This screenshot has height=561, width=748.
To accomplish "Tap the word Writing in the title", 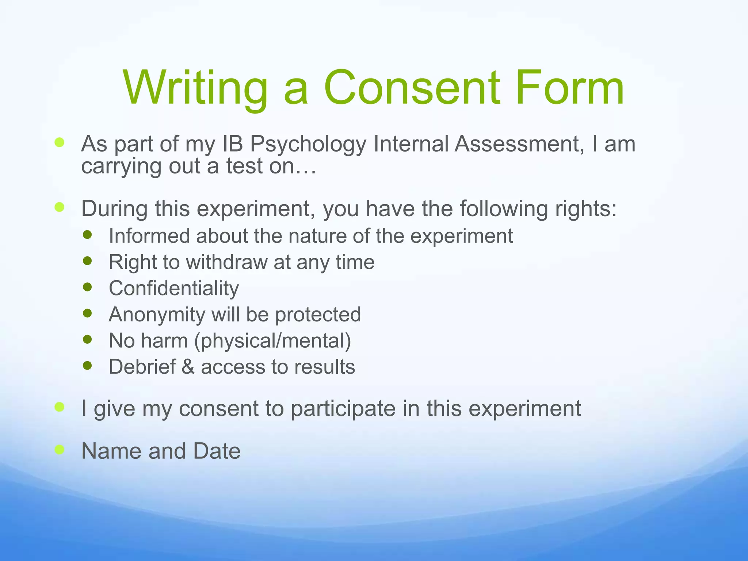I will (195, 88).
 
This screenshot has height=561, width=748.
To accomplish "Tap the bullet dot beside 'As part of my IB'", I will (60, 142).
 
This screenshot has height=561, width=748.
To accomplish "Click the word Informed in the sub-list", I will (150, 236).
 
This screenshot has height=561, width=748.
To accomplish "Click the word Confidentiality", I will (174, 289).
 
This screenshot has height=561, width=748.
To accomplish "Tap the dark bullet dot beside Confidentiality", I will (87, 287).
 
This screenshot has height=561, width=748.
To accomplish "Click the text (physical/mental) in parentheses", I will (272, 341).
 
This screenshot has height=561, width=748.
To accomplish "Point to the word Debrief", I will (142, 367).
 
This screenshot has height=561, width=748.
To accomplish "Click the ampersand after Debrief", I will (188, 367).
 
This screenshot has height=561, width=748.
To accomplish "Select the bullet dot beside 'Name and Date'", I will (60, 450).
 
